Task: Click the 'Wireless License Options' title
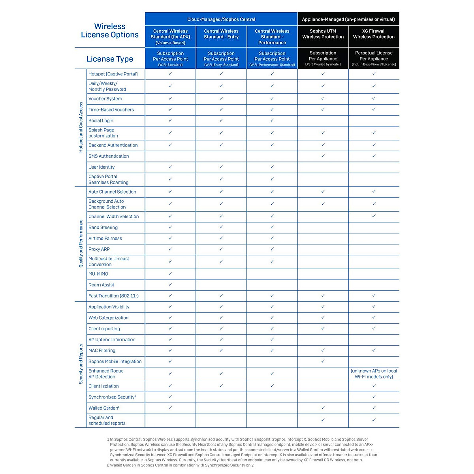110,30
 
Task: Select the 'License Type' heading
110,59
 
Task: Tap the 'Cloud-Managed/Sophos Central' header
221,19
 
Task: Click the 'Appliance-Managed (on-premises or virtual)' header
348,19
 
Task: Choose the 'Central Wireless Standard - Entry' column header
221,34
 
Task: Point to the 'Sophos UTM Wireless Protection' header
323,34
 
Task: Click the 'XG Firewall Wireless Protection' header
374,34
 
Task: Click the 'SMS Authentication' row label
109,156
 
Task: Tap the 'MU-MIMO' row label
98,274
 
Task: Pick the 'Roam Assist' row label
102,285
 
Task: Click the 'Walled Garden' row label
104,408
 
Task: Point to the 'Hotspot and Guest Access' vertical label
81,127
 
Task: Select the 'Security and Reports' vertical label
81,364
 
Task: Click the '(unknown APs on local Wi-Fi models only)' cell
374,374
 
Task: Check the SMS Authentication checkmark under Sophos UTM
323,156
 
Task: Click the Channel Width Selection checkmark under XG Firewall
374,216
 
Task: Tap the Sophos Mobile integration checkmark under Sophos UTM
323,361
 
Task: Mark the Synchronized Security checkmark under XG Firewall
374,397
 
